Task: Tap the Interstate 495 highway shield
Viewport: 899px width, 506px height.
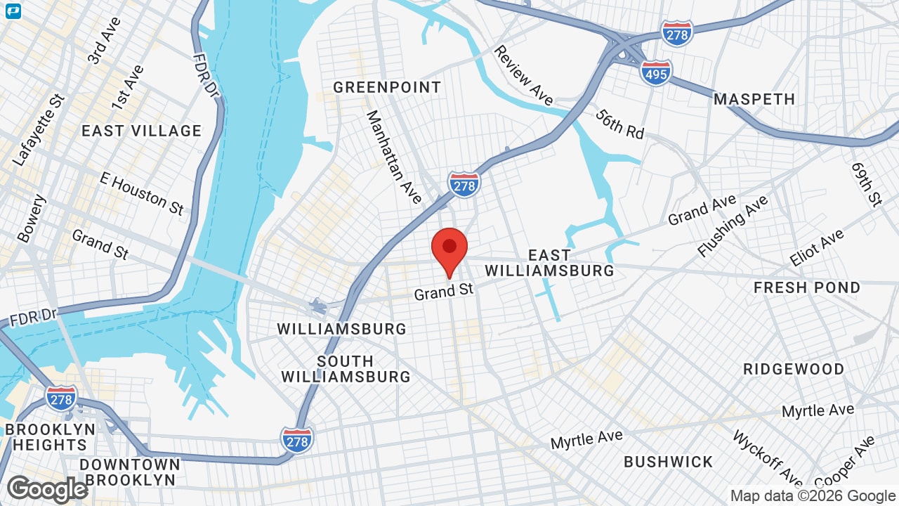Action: click(655, 72)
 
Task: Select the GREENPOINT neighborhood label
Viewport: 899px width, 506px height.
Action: click(387, 87)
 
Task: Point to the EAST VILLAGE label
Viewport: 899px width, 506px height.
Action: click(141, 131)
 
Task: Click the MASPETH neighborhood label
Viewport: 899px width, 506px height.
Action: click(754, 99)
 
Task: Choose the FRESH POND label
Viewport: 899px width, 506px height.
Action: click(807, 287)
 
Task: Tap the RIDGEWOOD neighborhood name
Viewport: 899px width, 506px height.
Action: click(794, 369)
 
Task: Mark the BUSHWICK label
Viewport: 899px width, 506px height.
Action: click(669, 462)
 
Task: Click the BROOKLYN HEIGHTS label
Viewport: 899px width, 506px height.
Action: click(50, 437)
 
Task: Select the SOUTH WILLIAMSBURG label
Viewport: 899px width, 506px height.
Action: click(346, 369)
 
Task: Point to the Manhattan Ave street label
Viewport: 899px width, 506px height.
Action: click(394, 157)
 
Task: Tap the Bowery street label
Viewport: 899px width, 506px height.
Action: click(32, 219)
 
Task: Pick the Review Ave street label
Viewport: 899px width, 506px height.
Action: click(523, 75)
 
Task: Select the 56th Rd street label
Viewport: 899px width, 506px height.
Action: click(619, 124)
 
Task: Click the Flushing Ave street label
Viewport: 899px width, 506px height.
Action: click(732, 226)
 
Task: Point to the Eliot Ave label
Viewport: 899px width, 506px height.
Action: click(816, 248)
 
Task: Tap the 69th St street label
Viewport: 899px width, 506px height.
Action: click(866, 184)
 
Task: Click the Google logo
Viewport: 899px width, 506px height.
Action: click(47, 490)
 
